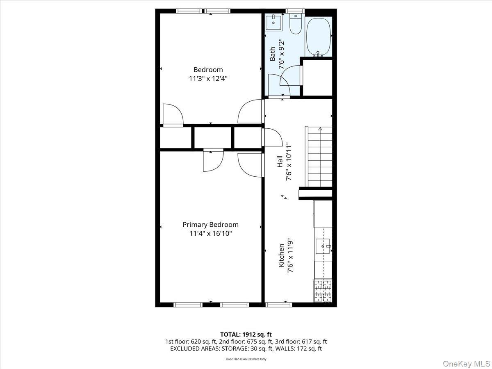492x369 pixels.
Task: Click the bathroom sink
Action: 273,23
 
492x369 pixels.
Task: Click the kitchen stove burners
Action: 323,291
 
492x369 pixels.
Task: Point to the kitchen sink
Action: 323,246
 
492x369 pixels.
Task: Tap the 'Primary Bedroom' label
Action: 210,225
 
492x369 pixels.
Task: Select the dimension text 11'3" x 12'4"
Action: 208,78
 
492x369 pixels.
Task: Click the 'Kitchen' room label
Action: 281,255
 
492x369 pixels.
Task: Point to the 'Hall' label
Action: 279,161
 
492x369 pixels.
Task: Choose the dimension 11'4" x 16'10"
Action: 210,234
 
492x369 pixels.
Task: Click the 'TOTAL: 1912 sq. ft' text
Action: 246,334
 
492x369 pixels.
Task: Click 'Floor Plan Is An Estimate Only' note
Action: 246,359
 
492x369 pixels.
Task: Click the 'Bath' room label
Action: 273,54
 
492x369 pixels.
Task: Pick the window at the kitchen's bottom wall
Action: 279,305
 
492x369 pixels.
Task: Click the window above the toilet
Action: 295,11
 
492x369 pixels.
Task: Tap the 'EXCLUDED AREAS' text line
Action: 246,348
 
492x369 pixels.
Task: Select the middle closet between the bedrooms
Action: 212,138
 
